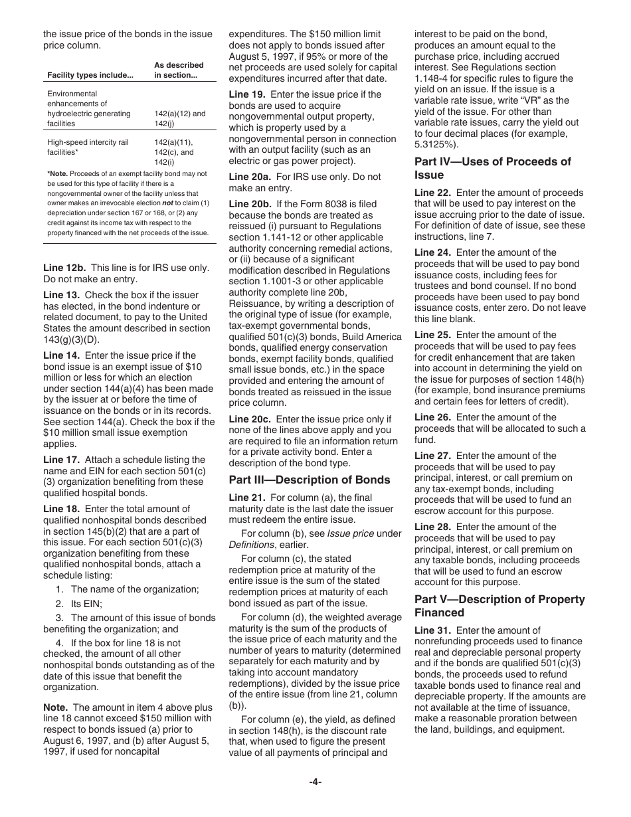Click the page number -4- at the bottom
click(315, 782)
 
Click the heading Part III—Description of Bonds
click(310, 480)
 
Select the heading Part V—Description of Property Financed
click(499, 606)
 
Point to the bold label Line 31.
click(432, 630)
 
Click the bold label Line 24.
click(432, 252)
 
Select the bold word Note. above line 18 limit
click(55, 707)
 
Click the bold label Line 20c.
click(250, 419)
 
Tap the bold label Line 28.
click(432, 527)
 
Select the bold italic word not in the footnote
click(169, 203)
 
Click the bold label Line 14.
click(61, 355)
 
